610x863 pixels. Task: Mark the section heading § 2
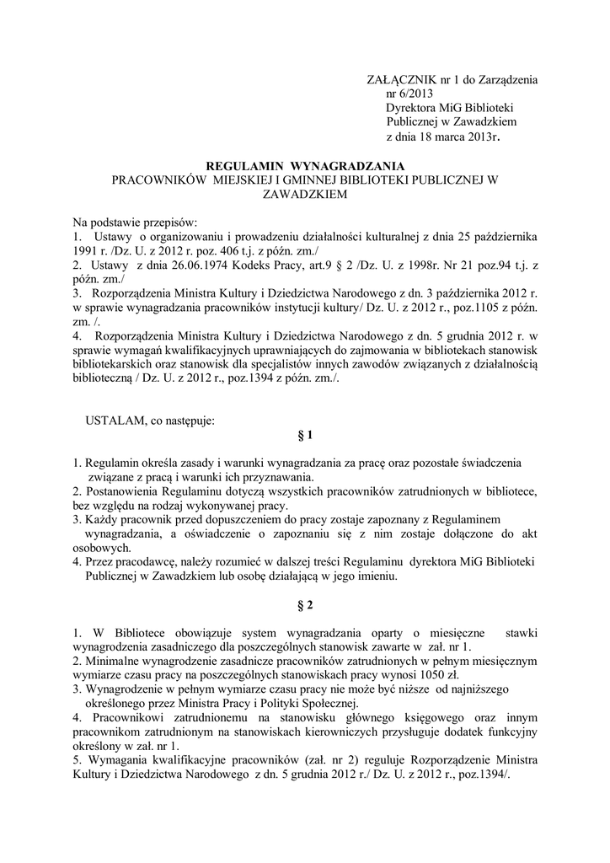(x=305, y=605)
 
